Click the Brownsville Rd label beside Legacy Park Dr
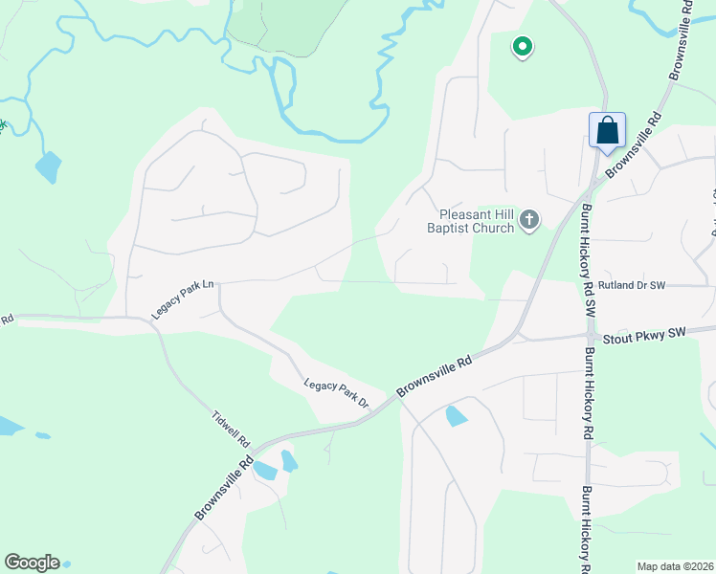tap(436, 376)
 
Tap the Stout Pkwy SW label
tap(644, 334)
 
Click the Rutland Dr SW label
tap(632, 285)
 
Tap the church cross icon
tap(528, 222)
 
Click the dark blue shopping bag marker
tap(607, 130)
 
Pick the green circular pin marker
tap(522, 45)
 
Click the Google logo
tap(32, 563)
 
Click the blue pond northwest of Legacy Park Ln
tap(47, 167)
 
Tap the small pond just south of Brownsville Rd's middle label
tap(456, 416)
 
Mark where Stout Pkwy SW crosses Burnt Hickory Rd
tap(587, 336)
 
